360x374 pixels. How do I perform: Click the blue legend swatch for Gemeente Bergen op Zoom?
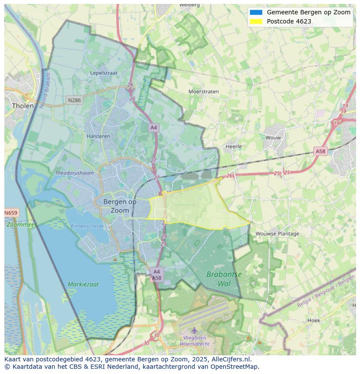pos(256,12)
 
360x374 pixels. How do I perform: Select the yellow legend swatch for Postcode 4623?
pos(256,21)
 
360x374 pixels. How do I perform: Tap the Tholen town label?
pos(23,106)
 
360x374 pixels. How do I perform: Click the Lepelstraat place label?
pos(104,73)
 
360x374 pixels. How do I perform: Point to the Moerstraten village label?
pos(203,92)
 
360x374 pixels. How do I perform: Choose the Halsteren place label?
pos(98,136)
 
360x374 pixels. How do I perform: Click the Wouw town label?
pos(273,138)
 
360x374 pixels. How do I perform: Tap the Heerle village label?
pos(233,146)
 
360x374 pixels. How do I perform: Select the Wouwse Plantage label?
pos(277,234)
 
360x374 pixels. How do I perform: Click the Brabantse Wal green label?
pos(224,279)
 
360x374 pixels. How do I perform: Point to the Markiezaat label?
pos(83,285)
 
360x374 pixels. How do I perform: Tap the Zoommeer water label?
pos(21,225)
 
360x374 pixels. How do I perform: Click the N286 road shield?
pos(74,100)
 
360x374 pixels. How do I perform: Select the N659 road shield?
pos(11,213)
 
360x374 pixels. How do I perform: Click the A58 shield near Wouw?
pos(320,151)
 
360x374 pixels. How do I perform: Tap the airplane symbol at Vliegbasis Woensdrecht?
pos(194,330)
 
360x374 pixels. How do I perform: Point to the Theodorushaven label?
pos(74,173)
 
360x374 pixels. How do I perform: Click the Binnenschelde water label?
pos(87,226)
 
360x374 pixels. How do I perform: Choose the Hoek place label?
pos(313,321)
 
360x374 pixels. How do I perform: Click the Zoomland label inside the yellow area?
pos(183,205)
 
